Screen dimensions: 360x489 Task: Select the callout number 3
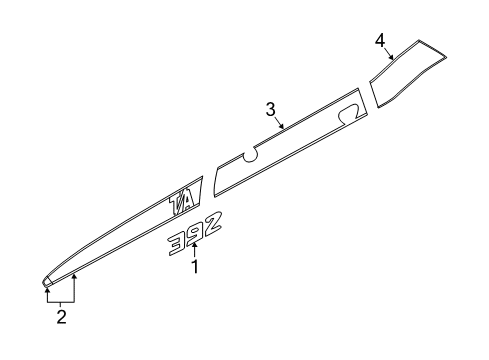270,109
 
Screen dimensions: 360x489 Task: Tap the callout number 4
380,39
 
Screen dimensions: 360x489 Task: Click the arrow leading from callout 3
279,124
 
